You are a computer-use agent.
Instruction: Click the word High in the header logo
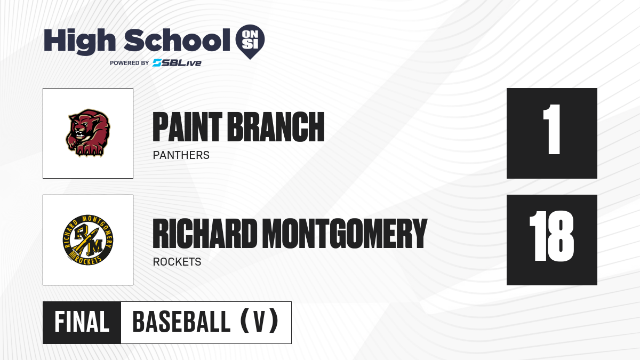79,41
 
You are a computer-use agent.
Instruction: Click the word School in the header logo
177,40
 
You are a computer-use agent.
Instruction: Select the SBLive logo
177,63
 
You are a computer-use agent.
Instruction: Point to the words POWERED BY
130,63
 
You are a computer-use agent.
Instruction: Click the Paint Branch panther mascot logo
88,133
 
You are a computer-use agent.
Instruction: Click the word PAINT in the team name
187,127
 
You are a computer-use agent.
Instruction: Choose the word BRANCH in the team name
276,127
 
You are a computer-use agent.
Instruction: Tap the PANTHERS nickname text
181,155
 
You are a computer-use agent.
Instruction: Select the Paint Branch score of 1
551,130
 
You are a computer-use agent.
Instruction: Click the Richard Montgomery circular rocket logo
88,240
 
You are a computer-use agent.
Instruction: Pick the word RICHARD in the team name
205,233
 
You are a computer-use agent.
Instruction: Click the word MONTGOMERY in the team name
345,233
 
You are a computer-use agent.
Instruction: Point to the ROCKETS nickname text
177,262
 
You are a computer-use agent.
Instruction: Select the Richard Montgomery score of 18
551,236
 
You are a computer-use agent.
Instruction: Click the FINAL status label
82,322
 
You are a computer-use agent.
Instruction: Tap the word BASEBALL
181,322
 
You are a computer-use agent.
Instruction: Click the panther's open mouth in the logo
79,134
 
